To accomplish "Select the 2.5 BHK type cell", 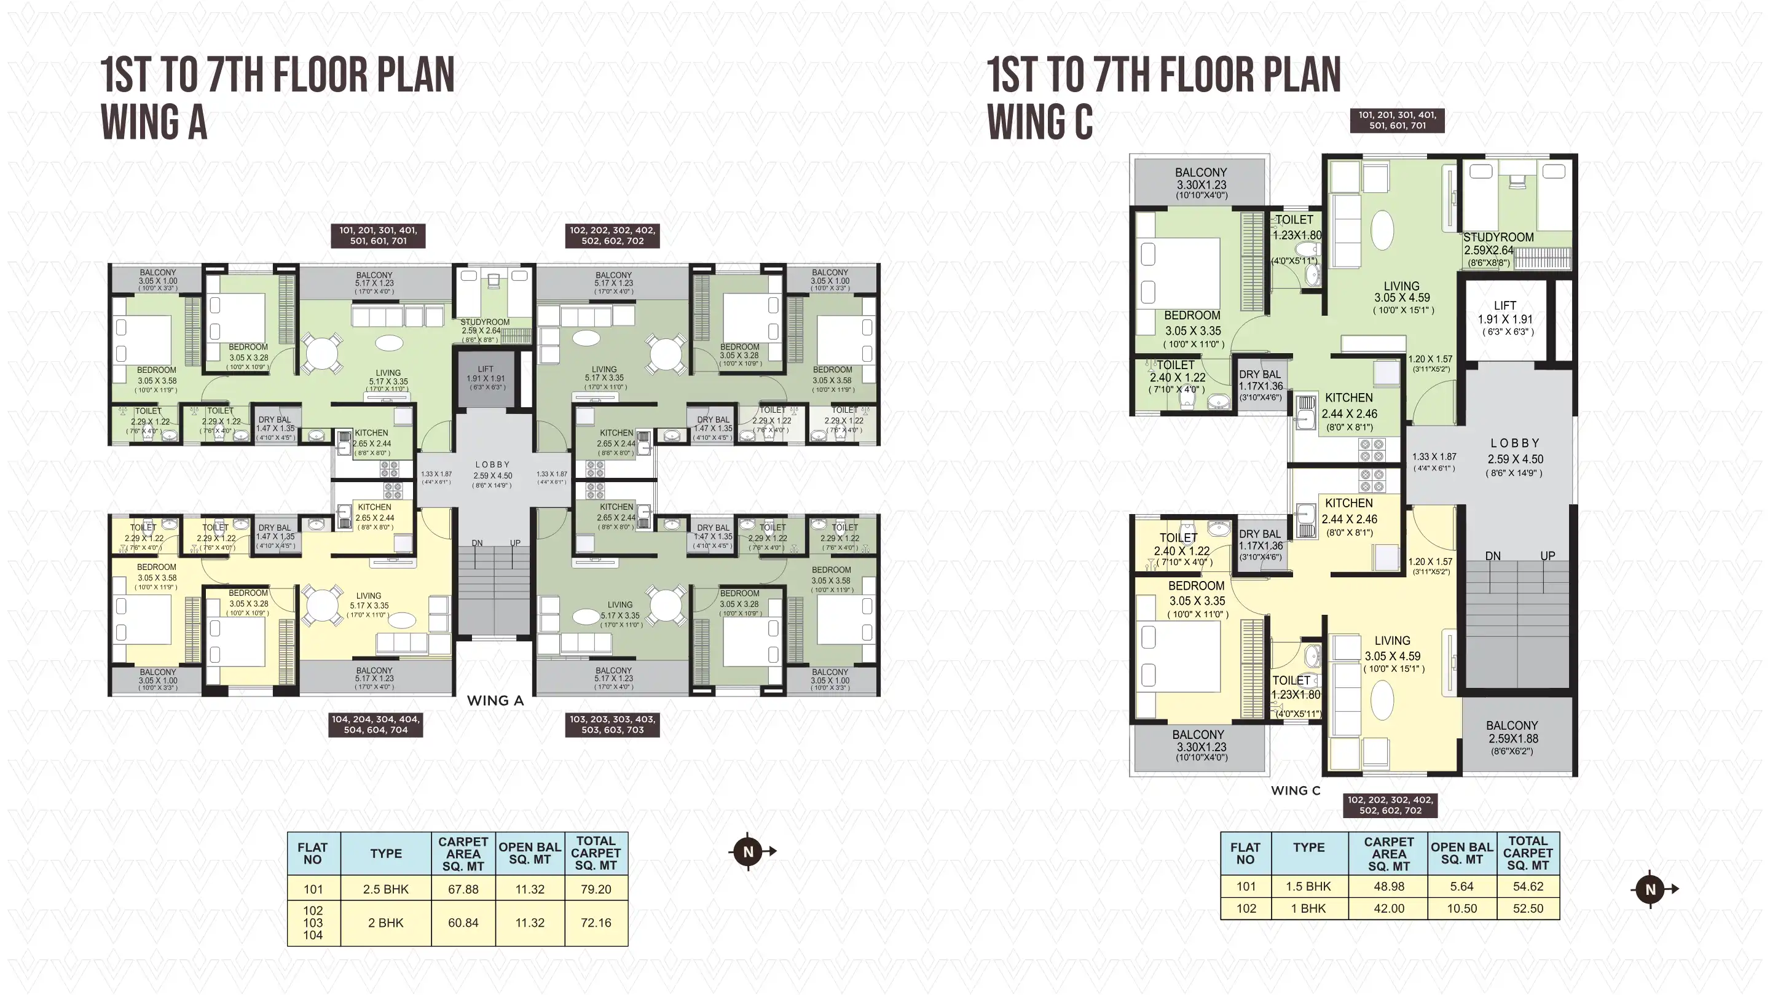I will pyautogui.click(x=385, y=889).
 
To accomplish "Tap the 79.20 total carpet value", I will pyautogui.click(x=595, y=889).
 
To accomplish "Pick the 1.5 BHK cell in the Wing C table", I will pyautogui.click(x=1308, y=886).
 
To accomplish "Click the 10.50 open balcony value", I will pyautogui.click(x=1461, y=908).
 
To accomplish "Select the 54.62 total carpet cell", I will pyautogui.click(x=1527, y=886).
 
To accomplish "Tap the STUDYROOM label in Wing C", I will pyautogui.click(x=1498, y=238).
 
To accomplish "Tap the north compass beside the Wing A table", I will pyautogui.click(x=749, y=851).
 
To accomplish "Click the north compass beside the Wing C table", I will pyautogui.click(x=1650, y=889).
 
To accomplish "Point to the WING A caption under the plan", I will pyautogui.click(x=495, y=700).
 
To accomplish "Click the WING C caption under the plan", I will pyautogui.click(x=1295, y=790).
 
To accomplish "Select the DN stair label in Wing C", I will pyautogui.click(x=1492, y=555).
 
